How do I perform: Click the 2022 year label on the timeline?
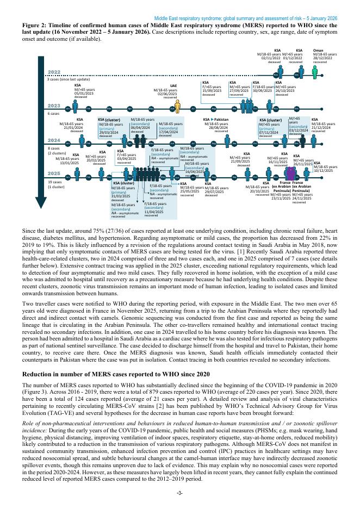click(x=54, y=72)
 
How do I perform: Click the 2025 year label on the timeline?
click(x=54, y=173)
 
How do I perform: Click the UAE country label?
click(x=173, y=85)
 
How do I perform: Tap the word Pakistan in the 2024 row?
click(x=221, y=119)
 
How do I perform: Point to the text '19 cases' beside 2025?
click(x=55, y=182)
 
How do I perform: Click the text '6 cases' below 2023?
click(x=53, y=114)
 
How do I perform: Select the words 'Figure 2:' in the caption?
click(x=35, y=26)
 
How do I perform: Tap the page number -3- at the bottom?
click(x=180, y=493)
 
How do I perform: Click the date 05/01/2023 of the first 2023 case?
click(x=85, y=93)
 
